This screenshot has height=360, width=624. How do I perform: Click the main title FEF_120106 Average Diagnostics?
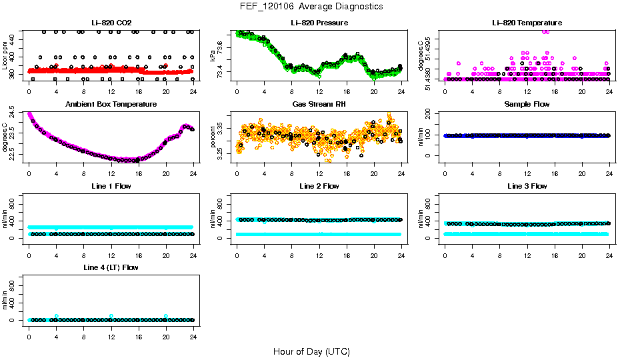[x=312, y=6]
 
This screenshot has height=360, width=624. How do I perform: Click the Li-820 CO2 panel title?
[x=111, y=23]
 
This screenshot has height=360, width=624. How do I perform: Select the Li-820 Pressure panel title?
[x=319, y=23]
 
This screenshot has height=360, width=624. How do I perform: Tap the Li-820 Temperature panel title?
[x=527, y=23]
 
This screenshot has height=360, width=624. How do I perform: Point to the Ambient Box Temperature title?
[x=111, y=105]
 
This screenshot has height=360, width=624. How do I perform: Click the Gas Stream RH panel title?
[x=319, y=105]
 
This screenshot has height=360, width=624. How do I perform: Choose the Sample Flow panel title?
[x=527, y=105]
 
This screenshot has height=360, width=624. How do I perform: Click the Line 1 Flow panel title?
[x=111, y=187]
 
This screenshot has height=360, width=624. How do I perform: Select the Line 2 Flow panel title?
[x=319, y=187]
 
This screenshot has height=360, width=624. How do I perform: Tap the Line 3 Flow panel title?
[x=527, y=187]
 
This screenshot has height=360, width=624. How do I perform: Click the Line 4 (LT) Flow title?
[x=111, y=268]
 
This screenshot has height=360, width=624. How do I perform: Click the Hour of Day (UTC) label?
[x=311, y=351]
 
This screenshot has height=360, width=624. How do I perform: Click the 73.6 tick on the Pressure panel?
[x=222, y=43]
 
